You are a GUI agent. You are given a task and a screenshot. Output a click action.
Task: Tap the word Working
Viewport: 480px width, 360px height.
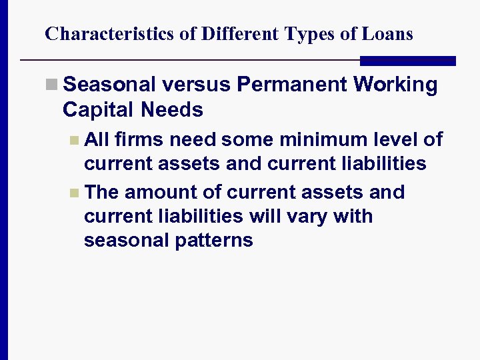click(x=396, y=85)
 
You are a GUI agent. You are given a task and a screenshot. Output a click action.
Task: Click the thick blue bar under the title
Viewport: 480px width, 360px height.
click(x=407, y=61)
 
